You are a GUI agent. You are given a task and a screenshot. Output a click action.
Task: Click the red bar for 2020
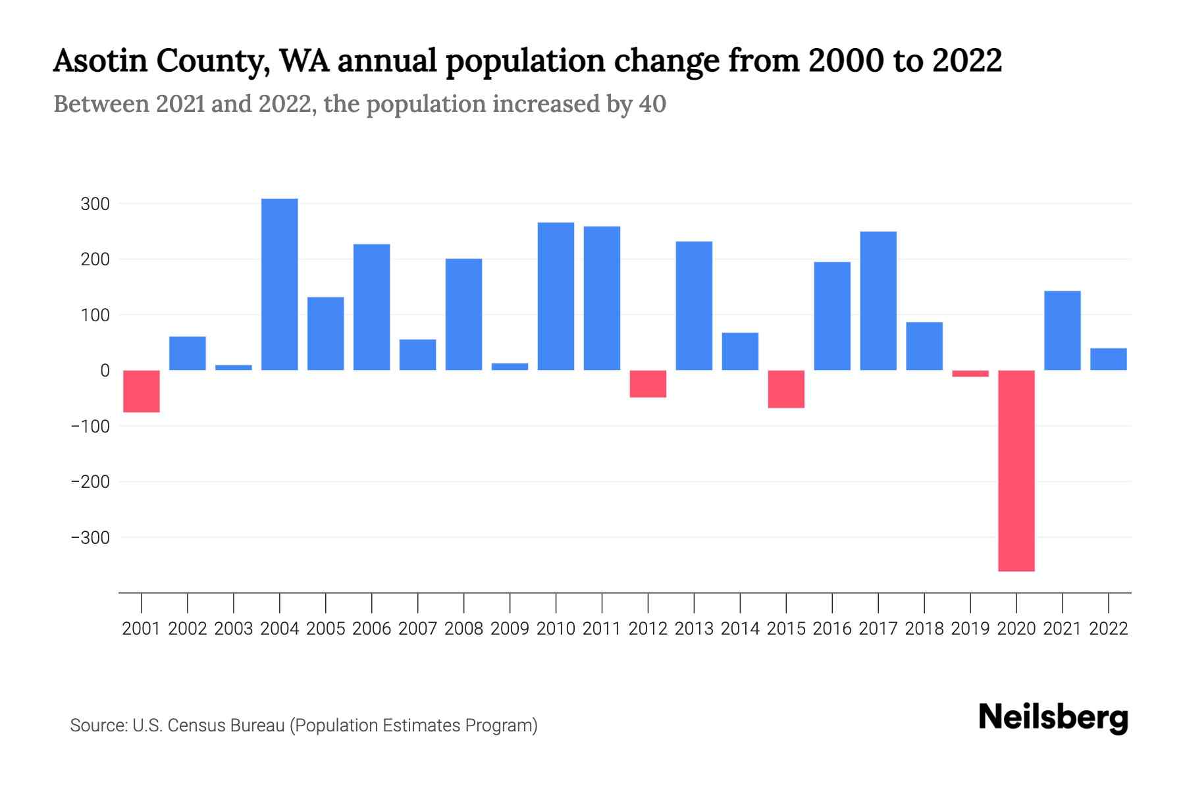(x=1016, y=471)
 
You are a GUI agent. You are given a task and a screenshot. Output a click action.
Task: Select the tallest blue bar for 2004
(x=279, y=284)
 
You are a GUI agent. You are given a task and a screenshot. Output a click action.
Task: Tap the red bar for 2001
(x=142, y=391)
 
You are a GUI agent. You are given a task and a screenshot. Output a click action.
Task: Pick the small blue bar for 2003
(x=234, y=367)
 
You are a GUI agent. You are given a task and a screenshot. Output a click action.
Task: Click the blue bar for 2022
(x=1108, y=359)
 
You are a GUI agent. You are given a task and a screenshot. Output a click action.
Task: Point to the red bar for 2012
(x=648, y=384)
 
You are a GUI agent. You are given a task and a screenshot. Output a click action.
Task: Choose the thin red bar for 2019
(x=970, y=373)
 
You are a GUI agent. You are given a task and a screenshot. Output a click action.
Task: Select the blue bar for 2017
(x=878, y=301)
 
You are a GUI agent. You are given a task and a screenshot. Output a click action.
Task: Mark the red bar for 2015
(x=786, y=389)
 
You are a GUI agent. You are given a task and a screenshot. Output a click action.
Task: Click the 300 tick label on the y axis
(x=95, y=204)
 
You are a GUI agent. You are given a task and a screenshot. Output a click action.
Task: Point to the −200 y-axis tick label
(x=90, y=482)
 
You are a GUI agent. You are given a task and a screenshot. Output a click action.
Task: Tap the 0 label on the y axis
(x=105, y=371)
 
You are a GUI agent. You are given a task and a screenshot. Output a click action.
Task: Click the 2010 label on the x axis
(x=556, y=629)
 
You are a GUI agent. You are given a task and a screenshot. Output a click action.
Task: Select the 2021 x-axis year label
(x=1062, y=629)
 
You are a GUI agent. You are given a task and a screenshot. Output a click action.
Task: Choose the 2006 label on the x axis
(x=372, y=629)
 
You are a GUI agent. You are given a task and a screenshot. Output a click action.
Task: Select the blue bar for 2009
(x=510, y=367)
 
